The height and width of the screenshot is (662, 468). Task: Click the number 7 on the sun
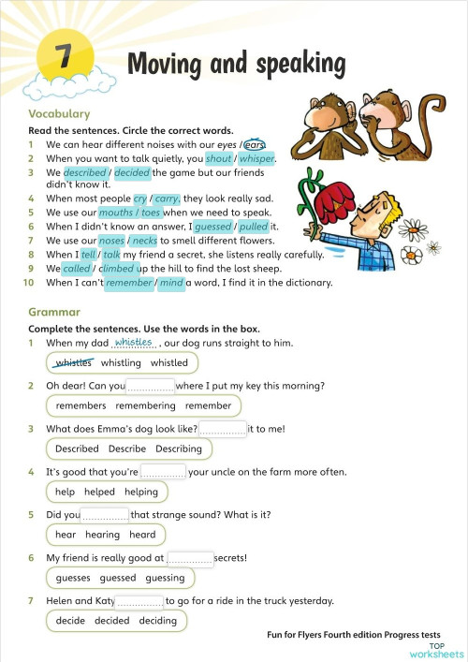(x=63, y=59)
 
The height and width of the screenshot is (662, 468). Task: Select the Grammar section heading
(x=54, y=312)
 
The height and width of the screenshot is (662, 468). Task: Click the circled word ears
(x=255, y=145)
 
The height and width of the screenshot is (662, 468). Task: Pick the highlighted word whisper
(x=256, y=159)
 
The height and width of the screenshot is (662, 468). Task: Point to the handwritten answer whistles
(x=133, y=342)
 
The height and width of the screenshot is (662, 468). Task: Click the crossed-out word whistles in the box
(x=74, y=363)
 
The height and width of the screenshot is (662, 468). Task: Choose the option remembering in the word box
(x=145, y=406)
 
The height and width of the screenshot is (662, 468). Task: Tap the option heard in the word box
(x=142, y=535)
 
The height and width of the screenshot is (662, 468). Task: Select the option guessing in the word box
(x=165, y=578)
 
